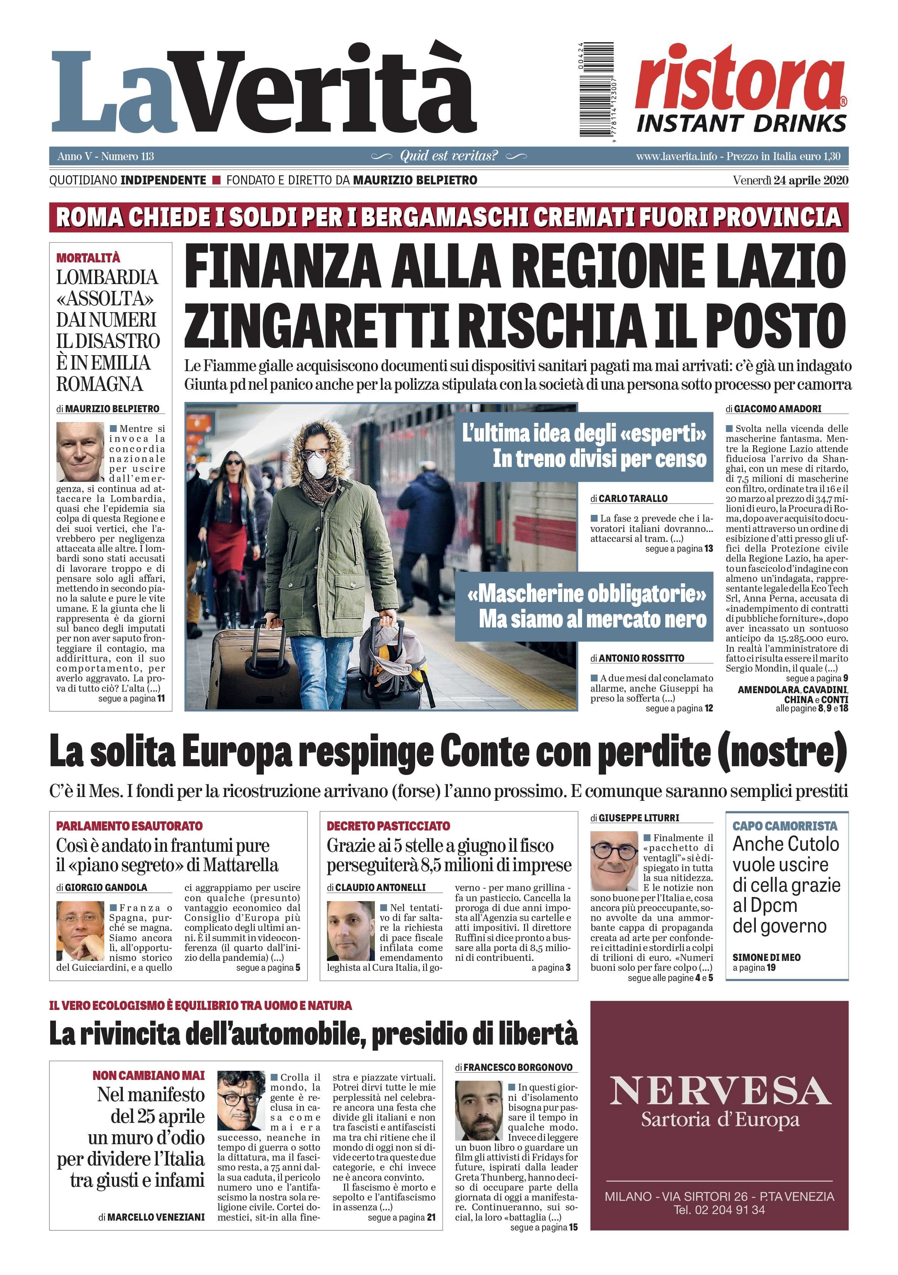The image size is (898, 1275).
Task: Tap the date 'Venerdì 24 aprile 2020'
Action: pos(790,180)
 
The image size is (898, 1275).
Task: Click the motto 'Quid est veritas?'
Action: pos(449,156)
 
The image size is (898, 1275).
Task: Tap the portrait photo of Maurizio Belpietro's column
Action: pos(80,451)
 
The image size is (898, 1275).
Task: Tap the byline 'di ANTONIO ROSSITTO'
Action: pos(637,658)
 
